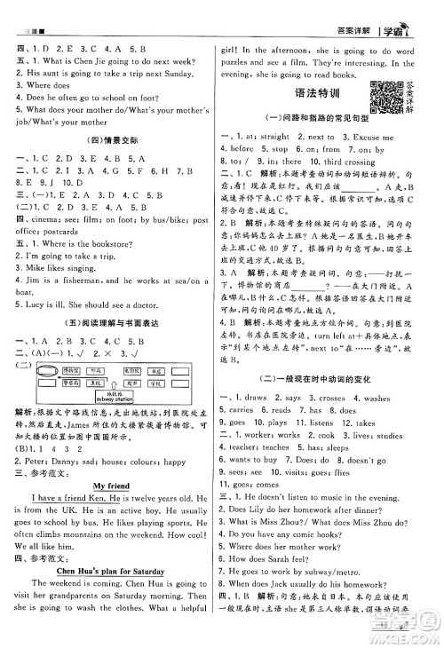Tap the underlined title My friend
point(112,486)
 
